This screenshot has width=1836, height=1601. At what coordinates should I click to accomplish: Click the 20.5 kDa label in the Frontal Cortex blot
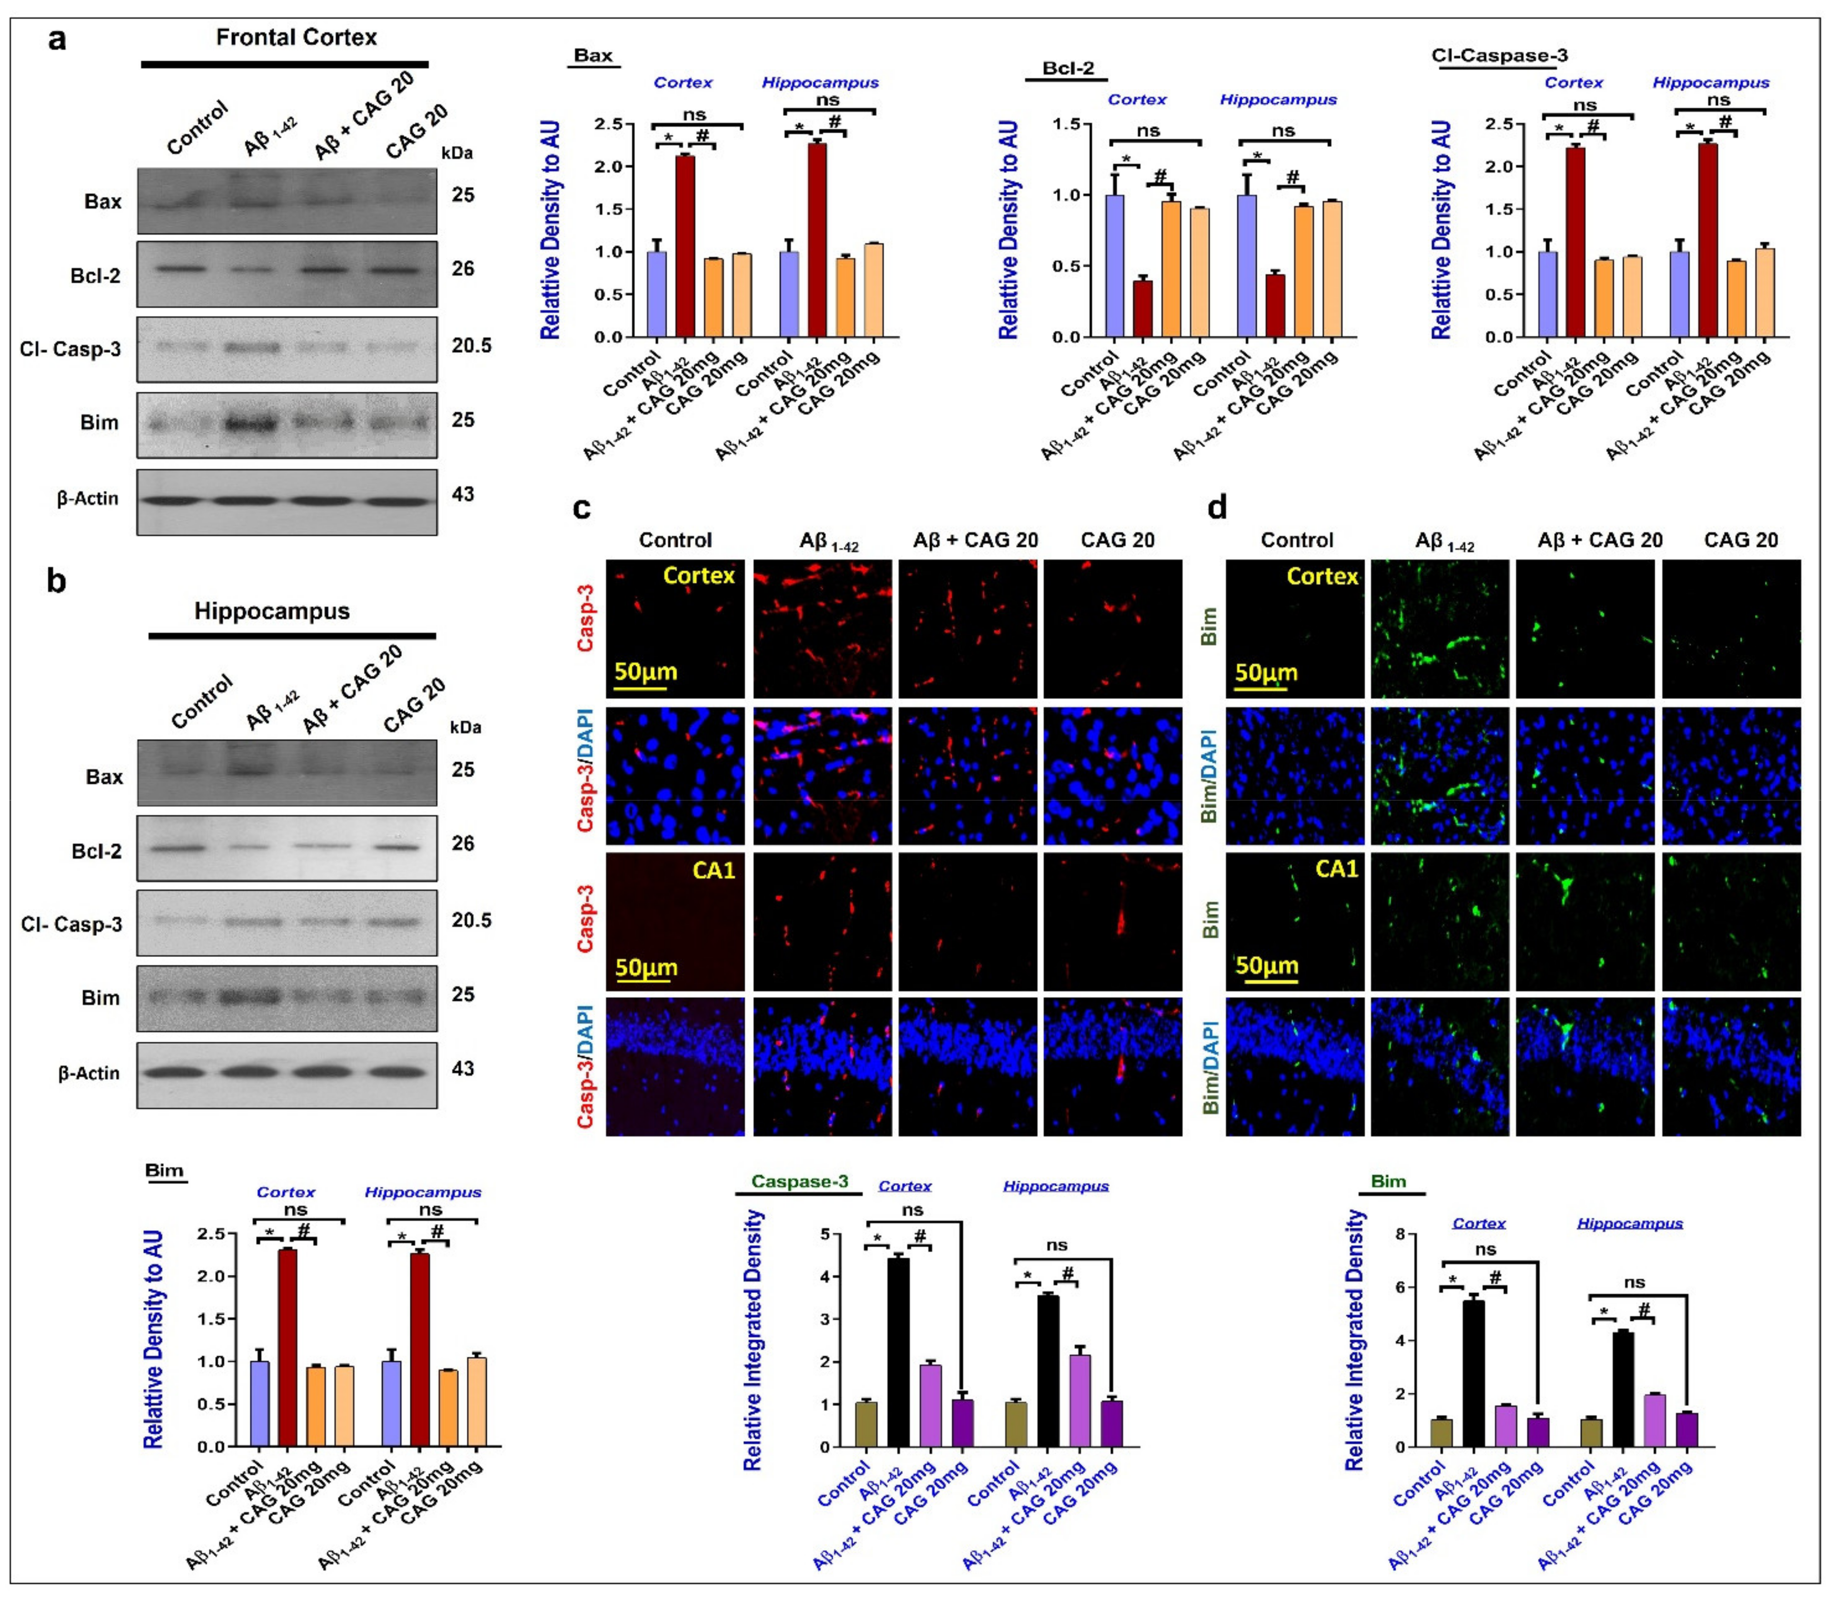(x=471, y=346)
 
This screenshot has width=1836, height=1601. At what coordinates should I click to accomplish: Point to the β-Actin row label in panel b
(x=88, y=1073)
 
